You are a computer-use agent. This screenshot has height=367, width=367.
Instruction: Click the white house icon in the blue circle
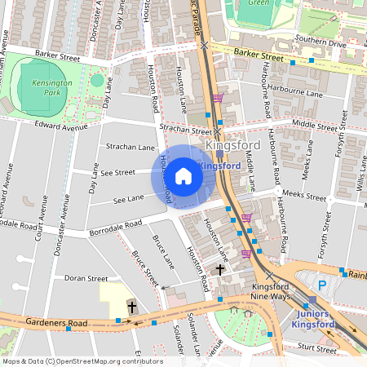click(183, 175)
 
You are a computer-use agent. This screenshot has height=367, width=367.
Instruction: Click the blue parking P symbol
click(322, 285)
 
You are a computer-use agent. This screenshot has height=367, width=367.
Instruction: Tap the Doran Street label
click(86, 279)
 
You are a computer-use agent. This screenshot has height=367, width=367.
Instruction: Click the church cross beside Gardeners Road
click(131, 308)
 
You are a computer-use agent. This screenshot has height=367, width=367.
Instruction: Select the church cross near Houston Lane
click(219, 269)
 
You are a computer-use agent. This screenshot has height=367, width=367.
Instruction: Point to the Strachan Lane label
click(130, 147)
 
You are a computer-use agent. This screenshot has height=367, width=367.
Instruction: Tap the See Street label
click(118, 172)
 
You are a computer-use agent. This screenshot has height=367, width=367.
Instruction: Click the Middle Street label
click(313, 126)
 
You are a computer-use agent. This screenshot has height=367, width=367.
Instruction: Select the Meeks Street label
click(303, 196)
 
